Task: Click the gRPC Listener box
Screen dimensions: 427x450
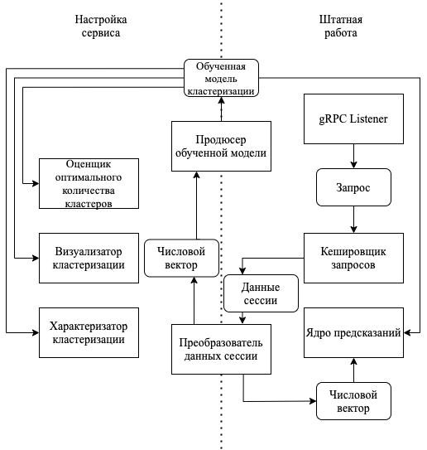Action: [x=353, y=119]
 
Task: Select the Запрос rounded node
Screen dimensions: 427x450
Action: [x=353, y=187]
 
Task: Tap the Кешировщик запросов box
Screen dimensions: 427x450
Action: [x=353, y=258]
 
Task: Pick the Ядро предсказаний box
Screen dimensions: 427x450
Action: [x=353, y=332]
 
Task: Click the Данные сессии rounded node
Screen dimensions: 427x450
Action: [x=261, y=293]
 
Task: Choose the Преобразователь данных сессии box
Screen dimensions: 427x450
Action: [x=221, y=349]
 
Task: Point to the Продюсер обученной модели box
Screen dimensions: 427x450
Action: [x=221, y=147]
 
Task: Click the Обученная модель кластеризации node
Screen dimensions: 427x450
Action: [x=221, y=78]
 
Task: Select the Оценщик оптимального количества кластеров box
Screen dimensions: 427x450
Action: [x=89, y=183]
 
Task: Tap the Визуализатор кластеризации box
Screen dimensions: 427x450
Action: [x=89, y=258]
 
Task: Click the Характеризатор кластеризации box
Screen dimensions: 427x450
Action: [x=89, y=332]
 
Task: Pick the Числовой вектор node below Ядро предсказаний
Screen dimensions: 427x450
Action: [x=353, y=401]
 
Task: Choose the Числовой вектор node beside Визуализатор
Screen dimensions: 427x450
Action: [x=181, y=258]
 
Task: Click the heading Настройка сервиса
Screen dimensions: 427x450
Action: [x=101, y=27]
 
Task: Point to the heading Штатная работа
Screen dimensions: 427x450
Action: [x=341, y=27]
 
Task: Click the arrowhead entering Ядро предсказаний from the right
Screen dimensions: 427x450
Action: [x=407, y=332]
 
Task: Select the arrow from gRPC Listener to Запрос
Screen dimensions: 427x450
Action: [x=353, y=156]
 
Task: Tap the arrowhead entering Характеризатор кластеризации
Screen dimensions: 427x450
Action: [x=36, y=332]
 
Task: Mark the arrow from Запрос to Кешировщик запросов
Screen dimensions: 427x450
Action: [x=353, y=220]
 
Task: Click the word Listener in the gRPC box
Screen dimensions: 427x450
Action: [x=368, y=119]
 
